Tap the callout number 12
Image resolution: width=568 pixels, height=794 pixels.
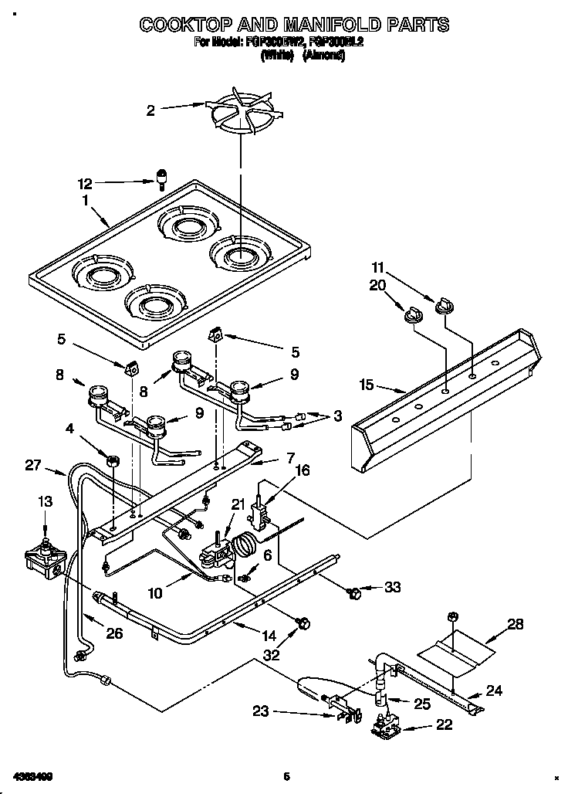pos(85,184)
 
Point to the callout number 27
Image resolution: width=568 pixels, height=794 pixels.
pos(32,464)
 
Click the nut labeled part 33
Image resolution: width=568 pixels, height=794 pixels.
pos(355,592)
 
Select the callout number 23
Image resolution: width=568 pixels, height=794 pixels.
pos(260,711)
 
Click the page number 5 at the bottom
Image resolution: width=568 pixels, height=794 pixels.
pos(286,776)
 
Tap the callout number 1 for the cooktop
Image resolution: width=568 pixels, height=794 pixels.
pos(86,199)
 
